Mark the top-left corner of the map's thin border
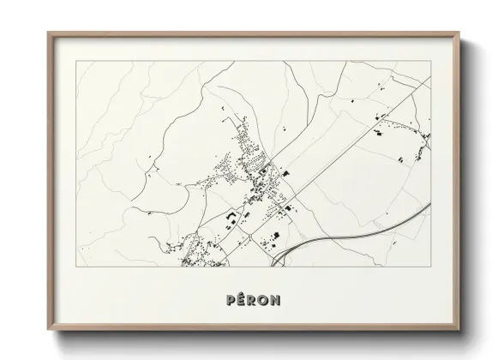pos(77,62)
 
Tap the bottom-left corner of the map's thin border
pos(77,266)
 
